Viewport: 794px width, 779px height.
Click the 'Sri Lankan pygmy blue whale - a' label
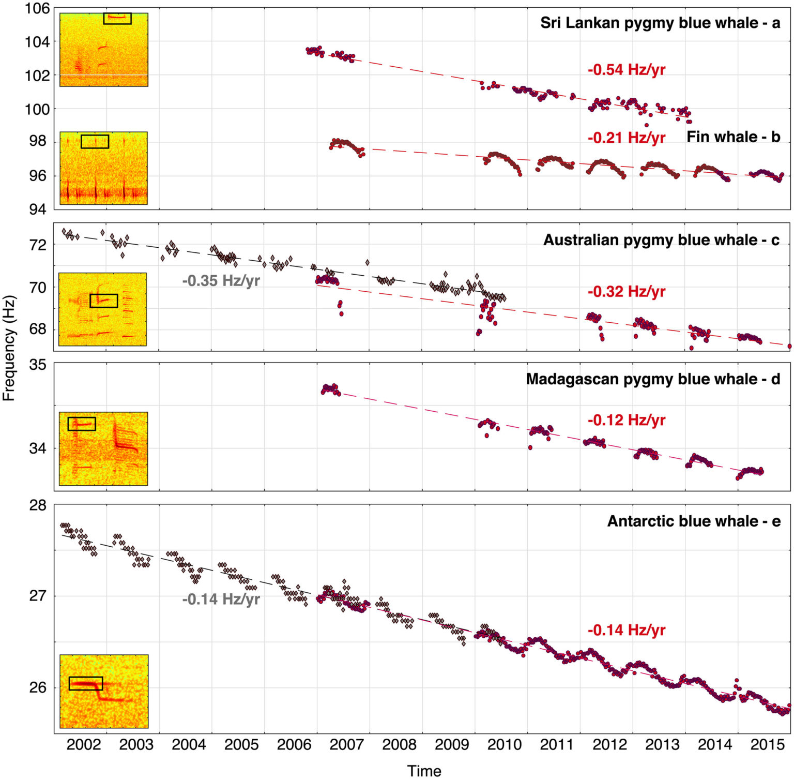coord(660,23)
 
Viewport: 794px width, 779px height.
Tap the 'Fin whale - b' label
coord(733,137)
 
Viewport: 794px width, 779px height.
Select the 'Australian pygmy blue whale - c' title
coord(661,241)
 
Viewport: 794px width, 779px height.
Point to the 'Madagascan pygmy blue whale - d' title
coord(653,380)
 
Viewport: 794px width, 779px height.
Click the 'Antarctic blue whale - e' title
coord(694,521)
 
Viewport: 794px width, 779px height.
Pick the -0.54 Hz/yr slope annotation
coord(626,70)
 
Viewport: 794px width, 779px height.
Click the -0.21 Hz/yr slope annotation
coord(626,138)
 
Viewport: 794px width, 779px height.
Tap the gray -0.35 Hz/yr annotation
coord(221,281)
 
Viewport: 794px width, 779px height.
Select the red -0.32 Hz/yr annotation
coord(626,292)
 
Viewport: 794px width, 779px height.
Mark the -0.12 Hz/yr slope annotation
coord(626,421)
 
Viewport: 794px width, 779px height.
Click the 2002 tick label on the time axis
coord(84,745)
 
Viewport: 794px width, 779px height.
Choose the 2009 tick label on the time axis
coord(452,745)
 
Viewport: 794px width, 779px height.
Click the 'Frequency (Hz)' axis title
coord(9,348)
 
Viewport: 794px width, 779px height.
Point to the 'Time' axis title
coord(424,771)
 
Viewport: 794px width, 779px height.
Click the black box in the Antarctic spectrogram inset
coord(86,683)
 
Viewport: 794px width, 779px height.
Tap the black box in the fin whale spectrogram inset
coord(95,142)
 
